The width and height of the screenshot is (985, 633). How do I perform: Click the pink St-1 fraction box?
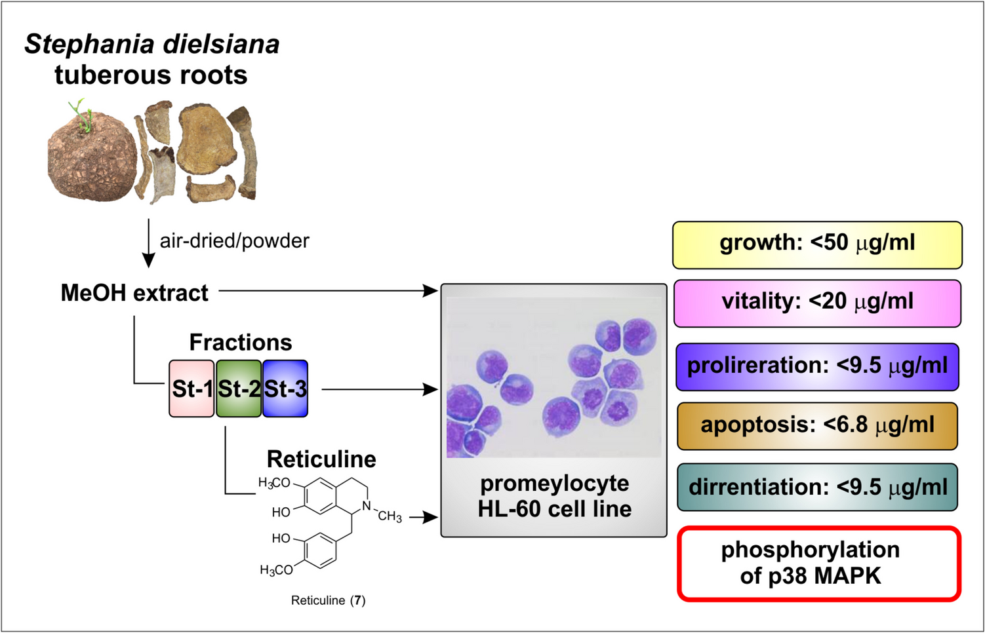click(191, 389)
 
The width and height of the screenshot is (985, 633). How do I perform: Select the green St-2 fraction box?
click(239, 389)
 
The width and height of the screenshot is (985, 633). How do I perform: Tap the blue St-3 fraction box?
click(285, 389)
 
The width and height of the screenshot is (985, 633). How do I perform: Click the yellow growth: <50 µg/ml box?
click(817, 244)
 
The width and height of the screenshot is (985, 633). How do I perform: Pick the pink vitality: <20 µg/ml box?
click(817, 303)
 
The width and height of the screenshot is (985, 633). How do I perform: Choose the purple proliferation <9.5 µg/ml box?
click(817, 366)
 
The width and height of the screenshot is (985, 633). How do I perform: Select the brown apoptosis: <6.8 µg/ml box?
click(817, 426)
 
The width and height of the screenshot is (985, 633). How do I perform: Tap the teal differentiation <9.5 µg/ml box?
click(817, 488)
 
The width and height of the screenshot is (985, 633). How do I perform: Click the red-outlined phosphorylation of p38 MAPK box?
click(818, 564)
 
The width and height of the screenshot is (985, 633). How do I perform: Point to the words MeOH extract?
click(134, 293)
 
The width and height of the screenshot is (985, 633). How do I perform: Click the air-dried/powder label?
click(234, 241)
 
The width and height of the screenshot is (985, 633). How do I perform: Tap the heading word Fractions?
click(241, 342)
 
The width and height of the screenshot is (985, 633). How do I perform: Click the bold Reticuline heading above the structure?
click(321, 459)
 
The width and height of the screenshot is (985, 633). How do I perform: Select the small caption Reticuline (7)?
click(328, 600)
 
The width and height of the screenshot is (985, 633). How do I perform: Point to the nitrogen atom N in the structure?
click(367, 505)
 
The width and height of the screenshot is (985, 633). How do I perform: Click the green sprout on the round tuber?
click(81, 114)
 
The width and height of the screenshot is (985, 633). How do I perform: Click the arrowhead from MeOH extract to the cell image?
click(431, 290)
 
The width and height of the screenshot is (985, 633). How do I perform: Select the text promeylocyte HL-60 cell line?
click(554, 496)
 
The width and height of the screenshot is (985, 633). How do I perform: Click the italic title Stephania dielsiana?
click(152, 45)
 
